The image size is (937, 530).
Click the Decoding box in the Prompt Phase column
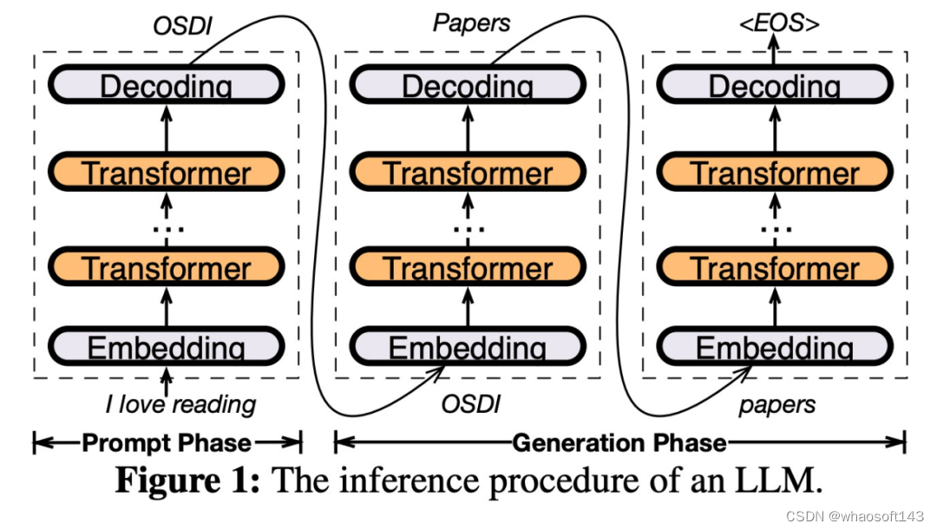(x=166, y=86)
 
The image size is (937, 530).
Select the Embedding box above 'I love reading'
(x=166, y=347)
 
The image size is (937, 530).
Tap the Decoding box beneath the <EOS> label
(x=774, y=86)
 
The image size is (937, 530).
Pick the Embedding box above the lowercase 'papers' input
(x=774, y=347)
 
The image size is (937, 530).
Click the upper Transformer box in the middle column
(x=468, y=173)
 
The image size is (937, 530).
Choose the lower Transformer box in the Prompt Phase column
(x=166, y=267)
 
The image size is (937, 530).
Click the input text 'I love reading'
(x=180, y=404)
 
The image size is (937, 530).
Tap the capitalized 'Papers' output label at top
(x=472, y=23)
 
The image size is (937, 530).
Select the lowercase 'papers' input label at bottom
(x=777, y=405)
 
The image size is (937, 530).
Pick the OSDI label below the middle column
(x=471, y=404)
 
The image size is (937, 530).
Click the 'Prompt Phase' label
(x=167, y=443)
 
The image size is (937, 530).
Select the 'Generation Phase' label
(x=619, y=443)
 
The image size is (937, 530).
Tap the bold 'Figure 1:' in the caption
(x=187, y=481)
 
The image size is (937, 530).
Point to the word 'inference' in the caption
(x=403, y=481)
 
